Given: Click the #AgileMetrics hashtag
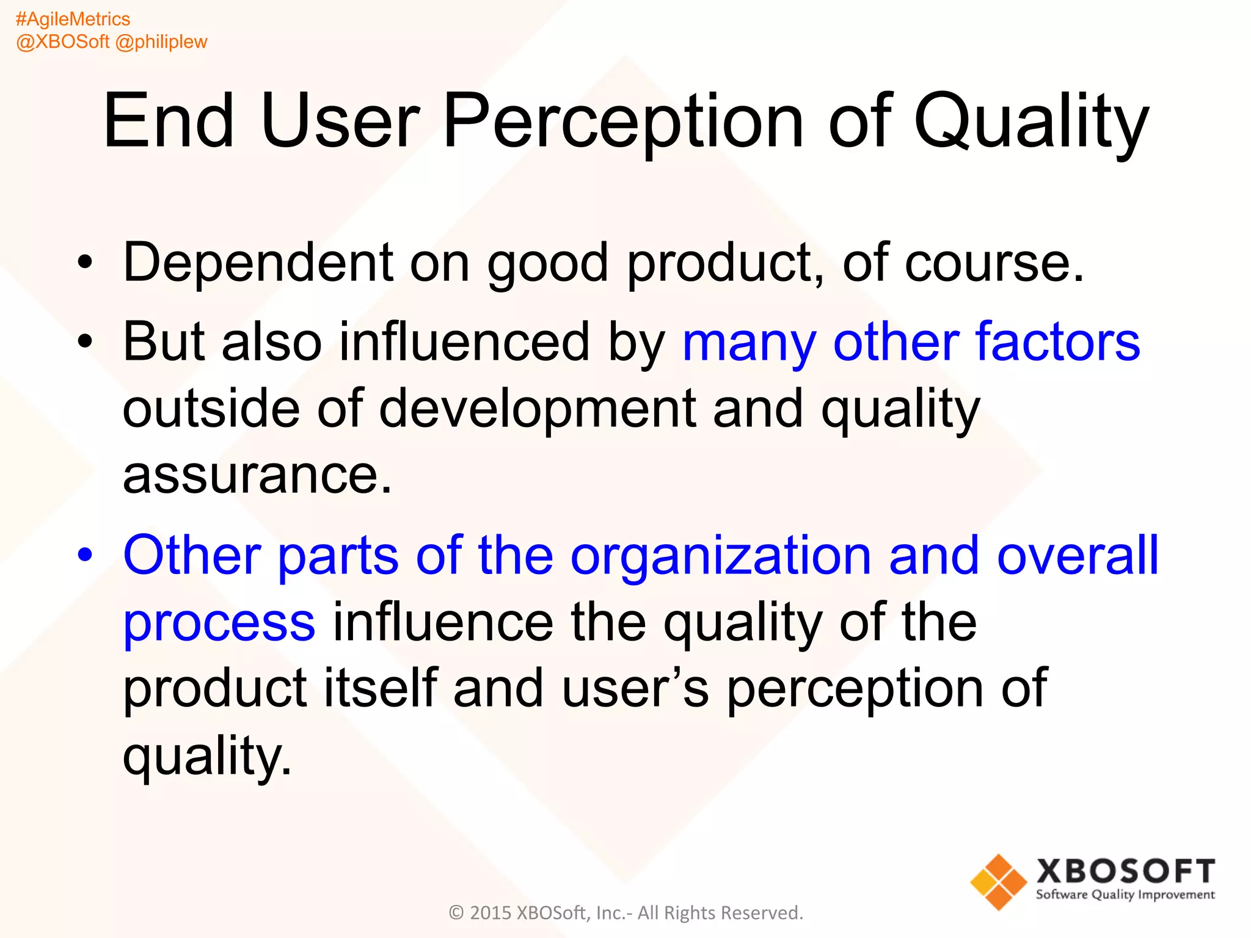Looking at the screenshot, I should (x=73, y=19).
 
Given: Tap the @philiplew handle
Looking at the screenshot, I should (x=161, y=42).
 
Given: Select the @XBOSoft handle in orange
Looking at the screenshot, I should (x=62, y=42).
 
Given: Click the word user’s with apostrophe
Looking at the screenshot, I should (x=635, y=689).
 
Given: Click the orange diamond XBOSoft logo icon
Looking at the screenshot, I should (x=998, y=882).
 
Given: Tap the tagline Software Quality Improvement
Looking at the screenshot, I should (x=1125, y=895).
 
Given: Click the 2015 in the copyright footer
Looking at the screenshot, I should (x=491, y=913).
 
